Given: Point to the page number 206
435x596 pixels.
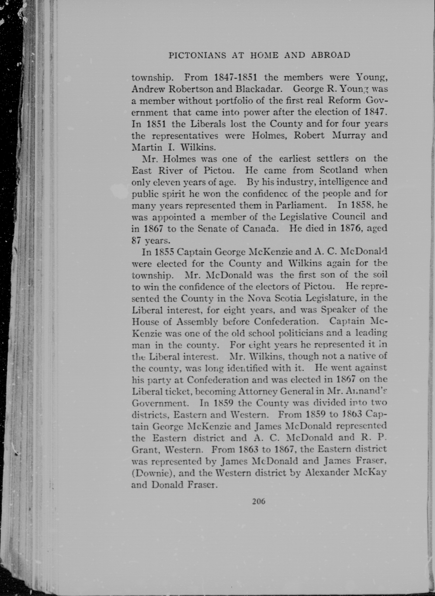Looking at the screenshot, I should [259, 501].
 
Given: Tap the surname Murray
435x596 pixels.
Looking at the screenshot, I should [348, 135].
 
